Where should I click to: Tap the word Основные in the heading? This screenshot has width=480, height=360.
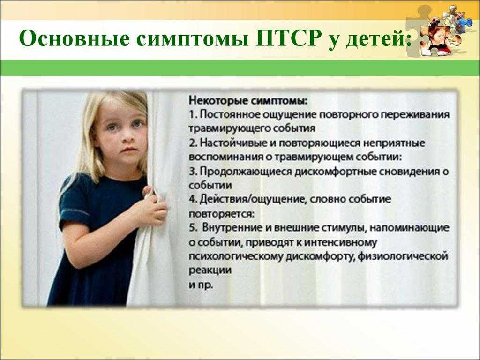pyautogui.click(x=75, y=38)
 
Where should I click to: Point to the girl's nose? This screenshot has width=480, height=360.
pyautogui.click(x=127, y=138)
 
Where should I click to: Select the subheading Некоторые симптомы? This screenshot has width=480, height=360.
pyautogui.click(x=248, y=101)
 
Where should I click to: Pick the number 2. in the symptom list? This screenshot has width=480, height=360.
pyautogui.click(x=194, y=143)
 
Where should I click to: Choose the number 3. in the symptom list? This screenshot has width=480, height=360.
pyautogui.click(x=194, y=172)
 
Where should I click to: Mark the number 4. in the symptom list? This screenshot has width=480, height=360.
pyautogui.click(x=194, y=199)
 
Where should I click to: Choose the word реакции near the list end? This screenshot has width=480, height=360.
pyautogui.click(x=210, y=270)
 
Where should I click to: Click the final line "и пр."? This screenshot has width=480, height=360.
pyautogui.click(x=201, y=285)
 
